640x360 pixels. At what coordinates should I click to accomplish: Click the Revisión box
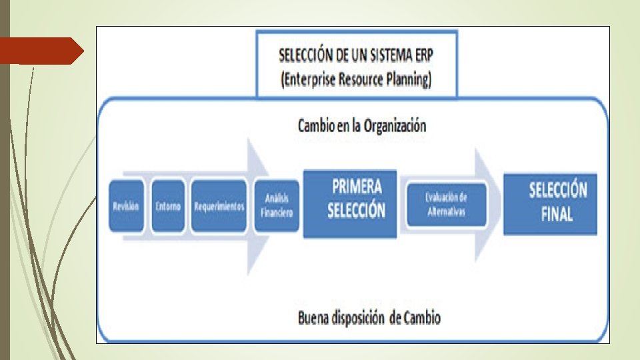coord(126,206)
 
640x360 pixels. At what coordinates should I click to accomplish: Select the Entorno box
coord(168,206)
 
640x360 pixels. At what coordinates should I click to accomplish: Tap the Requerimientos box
coord(219,206)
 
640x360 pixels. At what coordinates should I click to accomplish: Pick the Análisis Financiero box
coord(276,206)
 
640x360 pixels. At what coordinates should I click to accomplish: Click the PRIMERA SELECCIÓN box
coord(350,204)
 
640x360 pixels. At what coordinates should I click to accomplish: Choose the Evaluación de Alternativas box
coord(447,204)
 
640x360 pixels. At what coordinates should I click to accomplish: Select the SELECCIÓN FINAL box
coord(550,204)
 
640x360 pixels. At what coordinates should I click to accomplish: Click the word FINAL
coord(557,215)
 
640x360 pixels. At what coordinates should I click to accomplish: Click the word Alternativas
coord(447,212)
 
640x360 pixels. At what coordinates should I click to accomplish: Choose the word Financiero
coord(276,212)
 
